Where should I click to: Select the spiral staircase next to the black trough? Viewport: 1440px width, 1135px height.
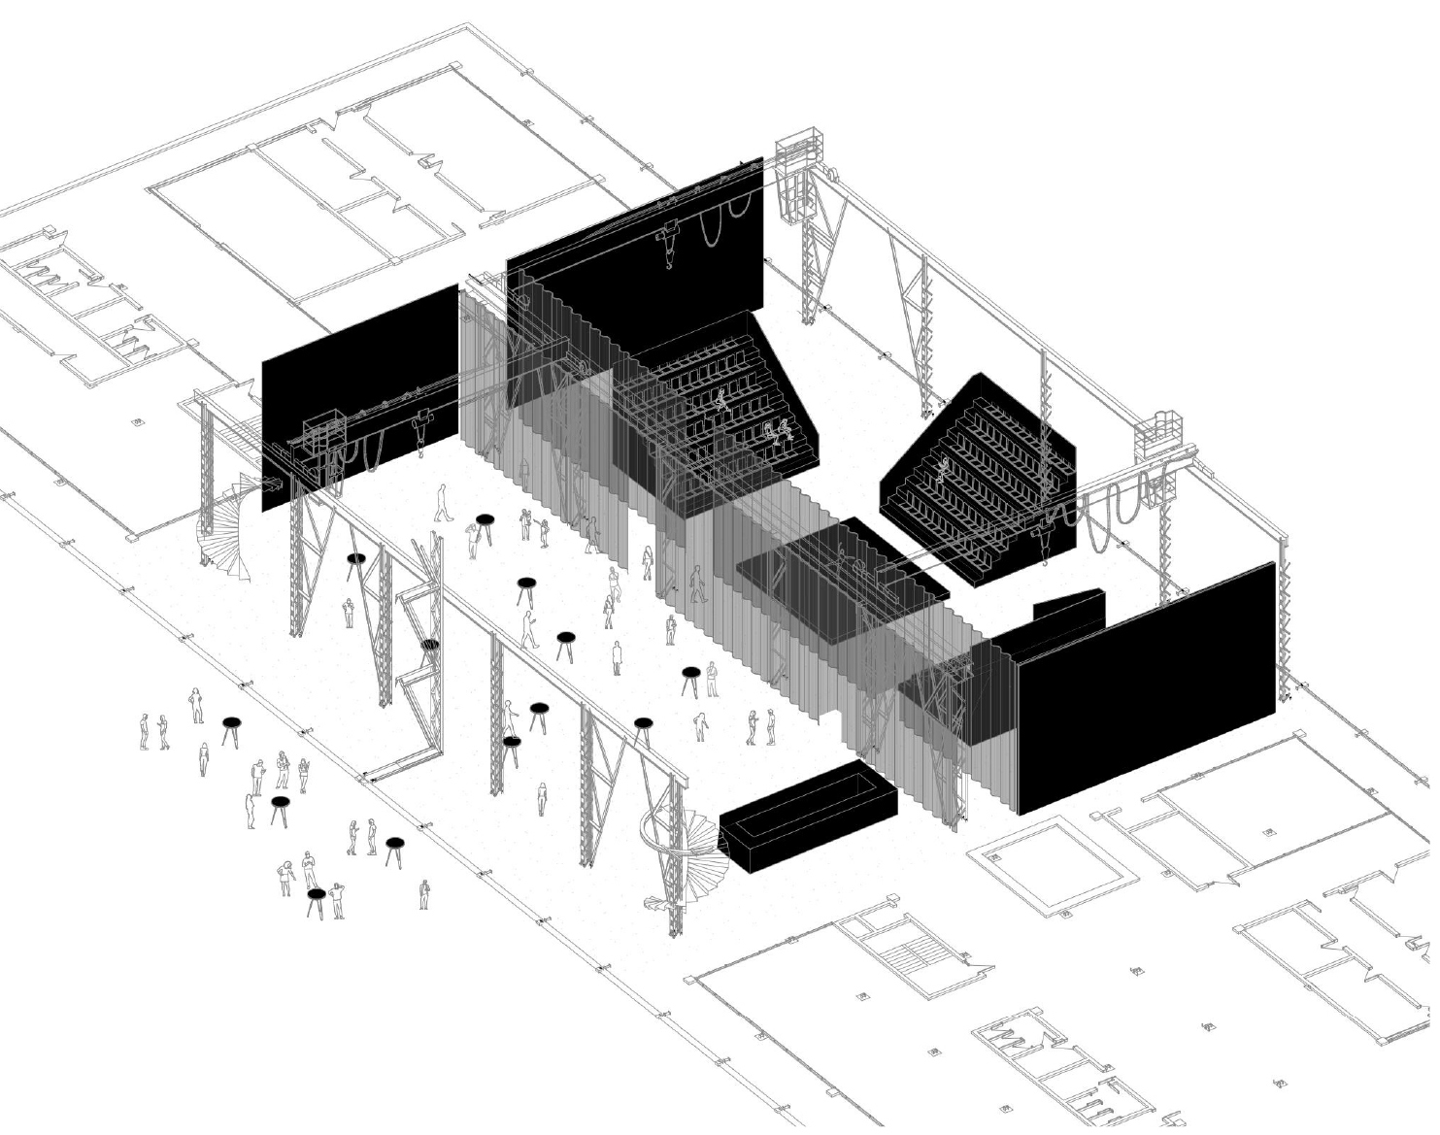(685, 840)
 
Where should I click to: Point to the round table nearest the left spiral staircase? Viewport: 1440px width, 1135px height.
(356, 561)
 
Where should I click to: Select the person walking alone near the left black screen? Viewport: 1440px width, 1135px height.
(444, 503)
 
